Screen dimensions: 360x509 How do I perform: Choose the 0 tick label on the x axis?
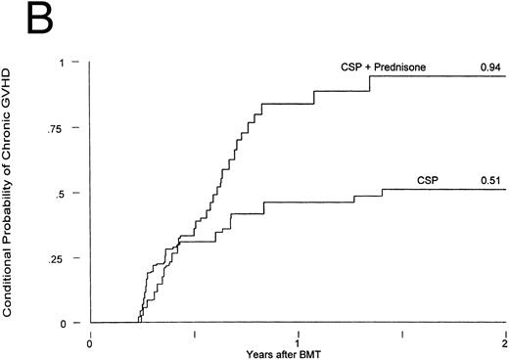click(90, 343)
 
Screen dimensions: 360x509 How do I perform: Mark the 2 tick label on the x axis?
click(504, 343)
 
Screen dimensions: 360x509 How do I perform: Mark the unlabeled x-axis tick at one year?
click(298, 333)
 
